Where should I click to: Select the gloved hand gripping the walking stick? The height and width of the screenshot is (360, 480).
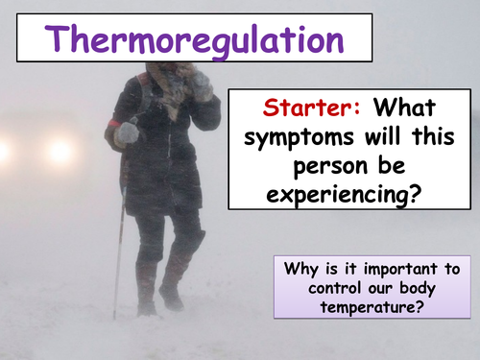(126, 135)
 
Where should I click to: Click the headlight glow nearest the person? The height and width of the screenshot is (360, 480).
(60, 150)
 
